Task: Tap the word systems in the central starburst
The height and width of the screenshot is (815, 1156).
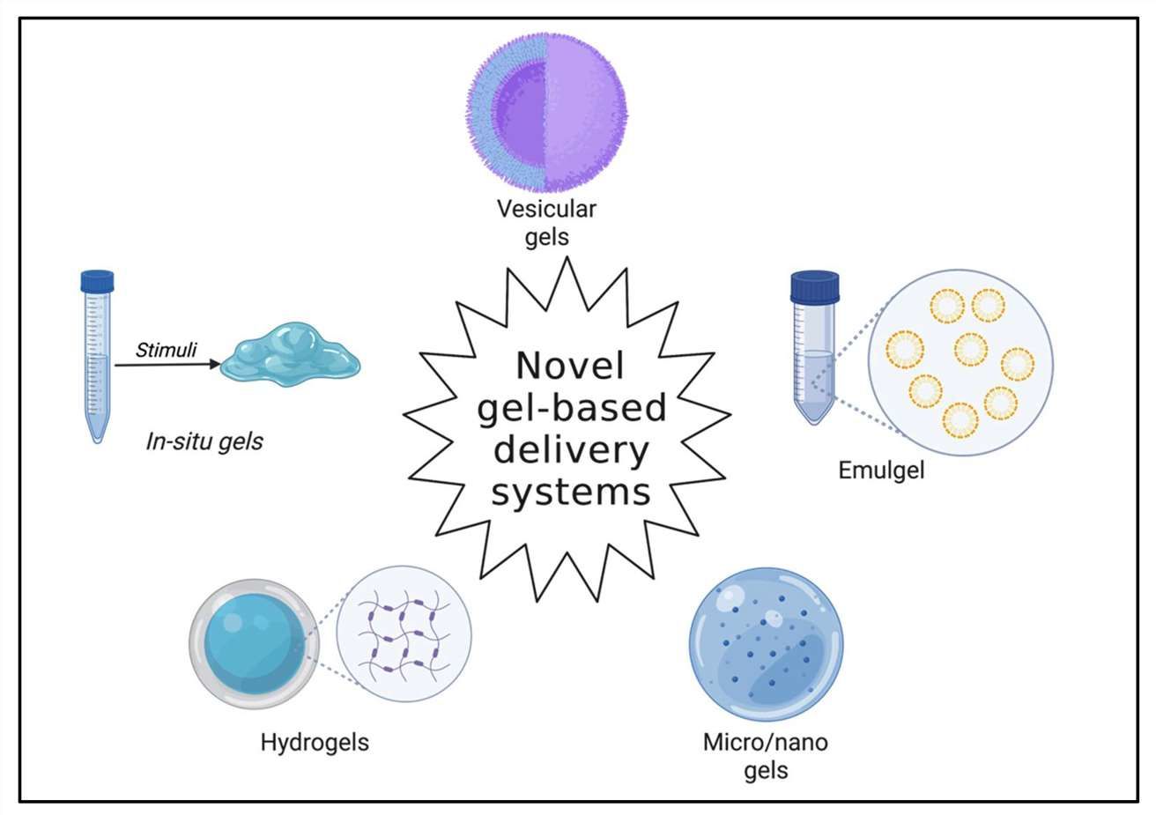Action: [x=570, y=492]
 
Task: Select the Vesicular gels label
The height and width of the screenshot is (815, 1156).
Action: [x=546, y=223]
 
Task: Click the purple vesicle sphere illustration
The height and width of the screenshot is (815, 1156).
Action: [x=546, y=112]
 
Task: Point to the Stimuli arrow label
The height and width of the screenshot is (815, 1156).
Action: [x=166, y=350]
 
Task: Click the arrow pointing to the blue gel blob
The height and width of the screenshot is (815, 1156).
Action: [x=167, y=364]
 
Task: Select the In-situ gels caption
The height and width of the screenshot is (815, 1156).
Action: [x=204, y=441]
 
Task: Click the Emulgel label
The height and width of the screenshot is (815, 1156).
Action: [x=881, y=470]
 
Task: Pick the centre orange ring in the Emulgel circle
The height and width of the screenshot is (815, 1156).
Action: [x=970, y=349]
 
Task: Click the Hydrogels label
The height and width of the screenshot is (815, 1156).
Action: [x=315, y=742]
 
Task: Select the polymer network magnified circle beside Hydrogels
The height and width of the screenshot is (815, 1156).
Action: [x=404, y=633]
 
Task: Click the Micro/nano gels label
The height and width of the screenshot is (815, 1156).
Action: [x=765, y=756]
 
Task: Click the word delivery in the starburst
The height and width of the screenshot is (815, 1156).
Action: [x=570, y=450]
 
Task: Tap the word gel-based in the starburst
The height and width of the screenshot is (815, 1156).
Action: [x=570, y=408]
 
